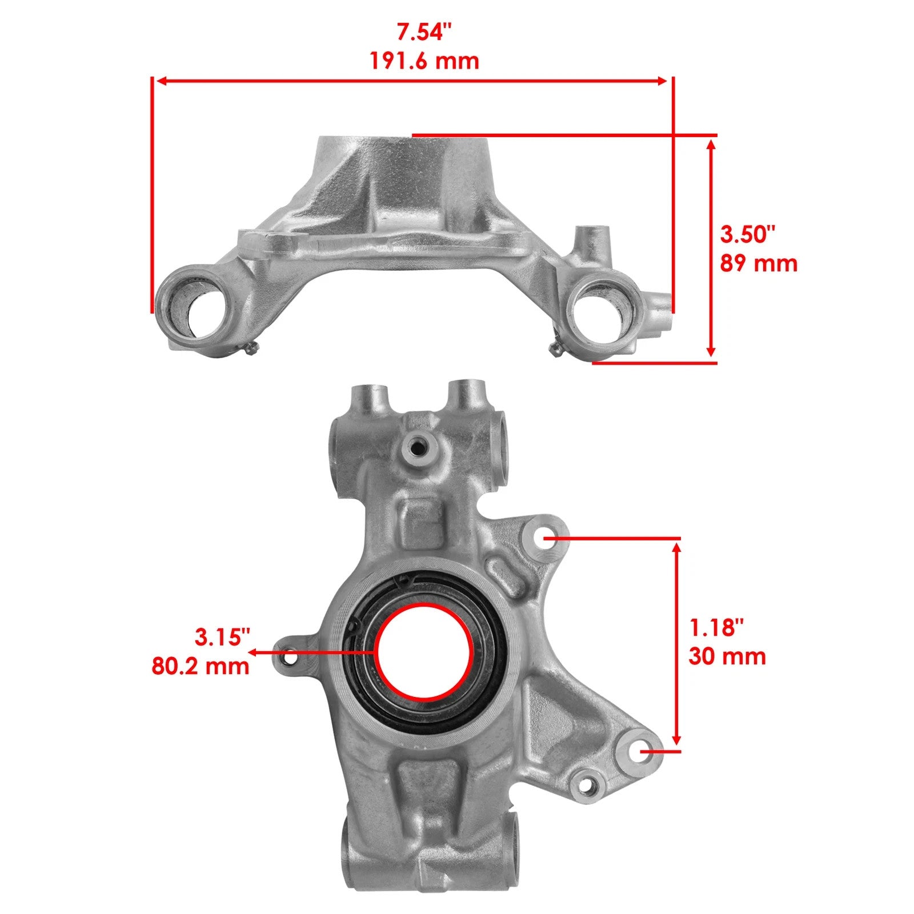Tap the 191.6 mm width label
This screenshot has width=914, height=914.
pyautogui.click(x=424, y=61)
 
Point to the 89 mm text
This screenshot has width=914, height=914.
pyautogui.click(x=758, y=263)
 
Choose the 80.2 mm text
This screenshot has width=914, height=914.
pyautogui.click(x=201, y=666)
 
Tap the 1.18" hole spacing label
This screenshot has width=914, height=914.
pyautogui.click(x=717, y=628)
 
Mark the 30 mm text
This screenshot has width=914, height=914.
pyautogui.click(x=727, y=656)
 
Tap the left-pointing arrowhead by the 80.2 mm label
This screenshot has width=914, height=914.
pyautogui.click(x=253, y=651)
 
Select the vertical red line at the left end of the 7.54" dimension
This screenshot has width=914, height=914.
pyautogui.click(x=153, y=194)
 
